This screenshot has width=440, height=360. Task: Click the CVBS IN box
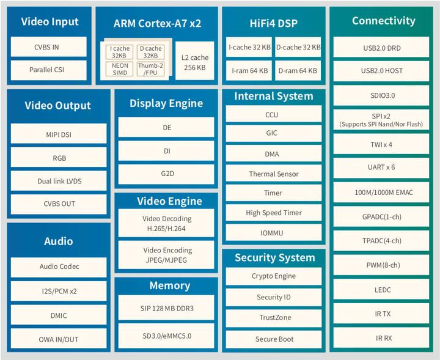pos(46,46)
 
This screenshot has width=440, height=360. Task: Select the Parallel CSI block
pos(46,70)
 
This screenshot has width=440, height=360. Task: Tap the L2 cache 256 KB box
pos(194,62)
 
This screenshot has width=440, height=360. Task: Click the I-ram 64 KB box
pos(248,70)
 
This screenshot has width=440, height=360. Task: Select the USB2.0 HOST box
pos(381,71)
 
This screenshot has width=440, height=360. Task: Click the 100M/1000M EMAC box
pos(381,193)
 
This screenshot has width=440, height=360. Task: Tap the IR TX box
pos(381,314)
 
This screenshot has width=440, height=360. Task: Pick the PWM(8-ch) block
pos(381,265)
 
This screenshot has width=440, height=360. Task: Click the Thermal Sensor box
pos(274,174)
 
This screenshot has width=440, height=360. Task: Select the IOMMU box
pos(274,232)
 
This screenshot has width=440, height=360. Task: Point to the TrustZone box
pos(274,318)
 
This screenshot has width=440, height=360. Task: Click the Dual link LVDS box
pos(60,182)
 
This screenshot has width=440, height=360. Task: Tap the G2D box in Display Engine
pos(167,174)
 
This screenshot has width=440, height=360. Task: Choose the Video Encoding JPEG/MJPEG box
pos(167,254)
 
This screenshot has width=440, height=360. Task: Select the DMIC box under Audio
pos(59,316)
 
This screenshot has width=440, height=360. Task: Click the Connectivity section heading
pos(383,21)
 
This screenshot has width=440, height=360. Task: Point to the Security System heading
pos(274,258)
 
